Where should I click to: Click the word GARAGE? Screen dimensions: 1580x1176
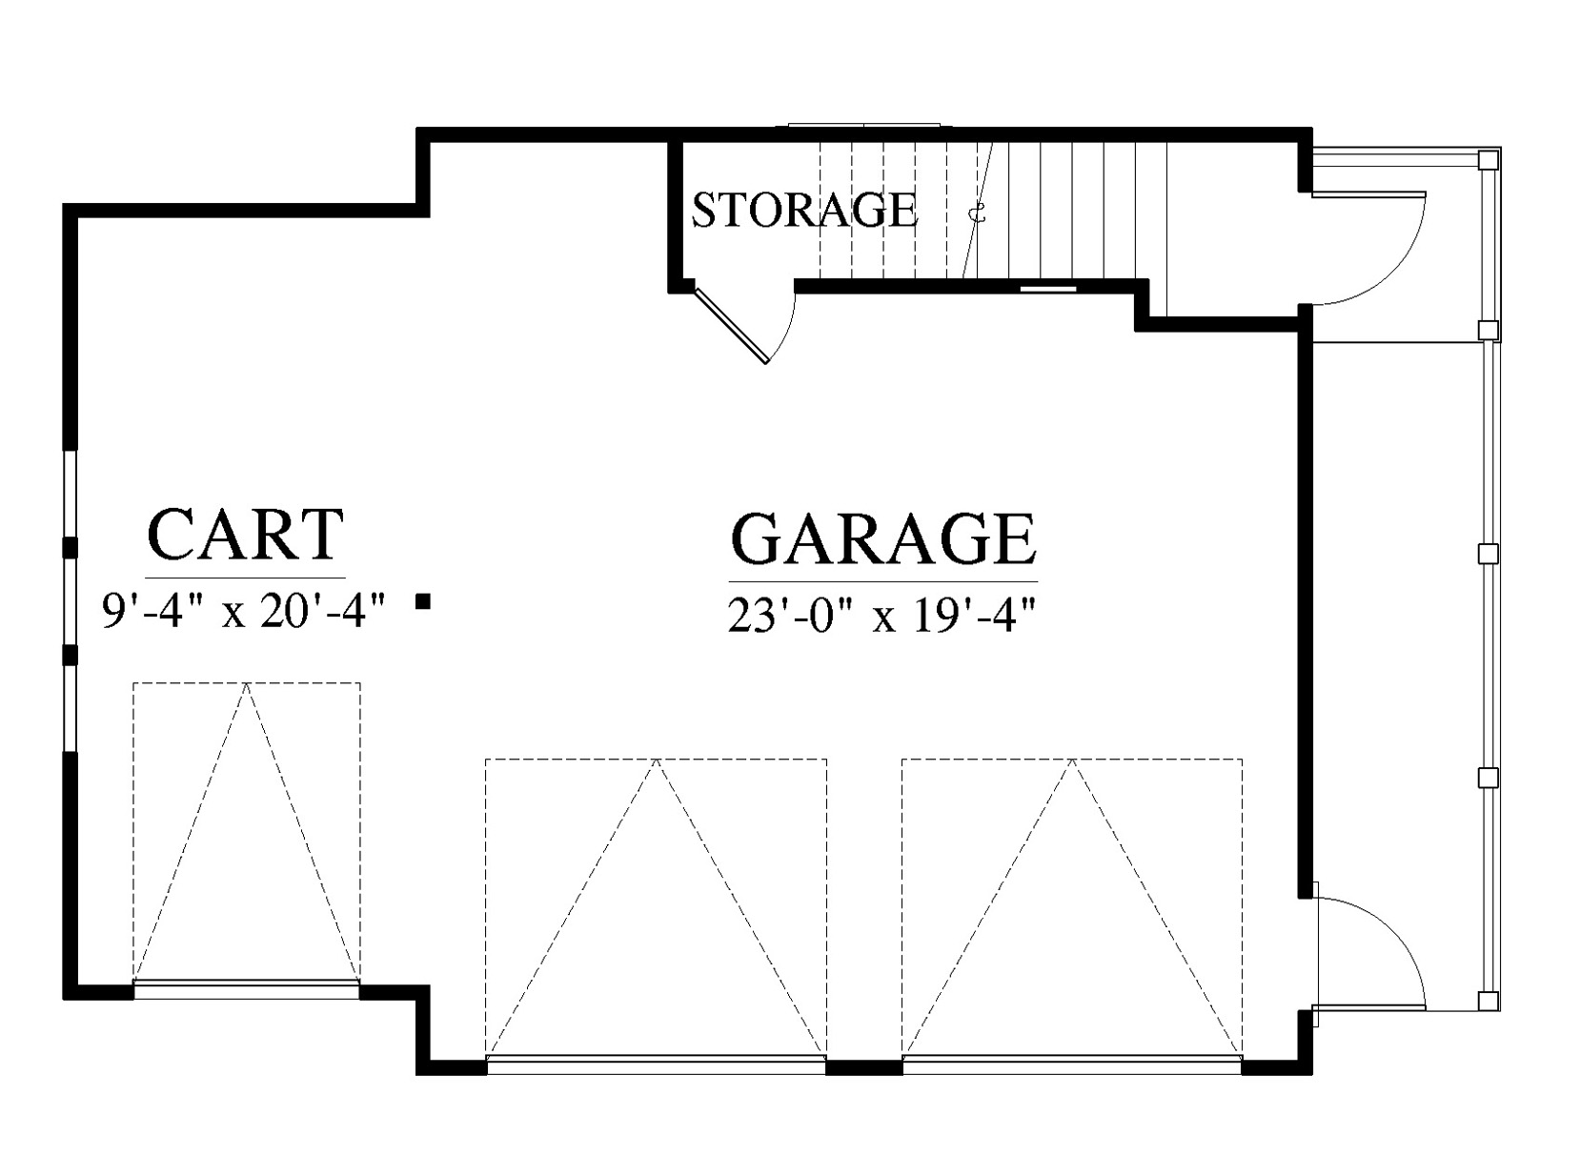point(882,538)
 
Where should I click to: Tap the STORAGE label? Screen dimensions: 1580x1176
point(805,210)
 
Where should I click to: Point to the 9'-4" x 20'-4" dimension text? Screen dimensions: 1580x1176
point(244,612)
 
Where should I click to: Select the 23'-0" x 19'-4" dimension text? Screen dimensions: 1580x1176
point(881,616)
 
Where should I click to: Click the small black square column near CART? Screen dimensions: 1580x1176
point(423,602)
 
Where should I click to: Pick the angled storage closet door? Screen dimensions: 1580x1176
point(730,327)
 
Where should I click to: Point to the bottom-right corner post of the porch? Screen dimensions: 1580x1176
point(1489,1001)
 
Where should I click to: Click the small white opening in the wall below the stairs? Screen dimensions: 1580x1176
point(1048,289)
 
